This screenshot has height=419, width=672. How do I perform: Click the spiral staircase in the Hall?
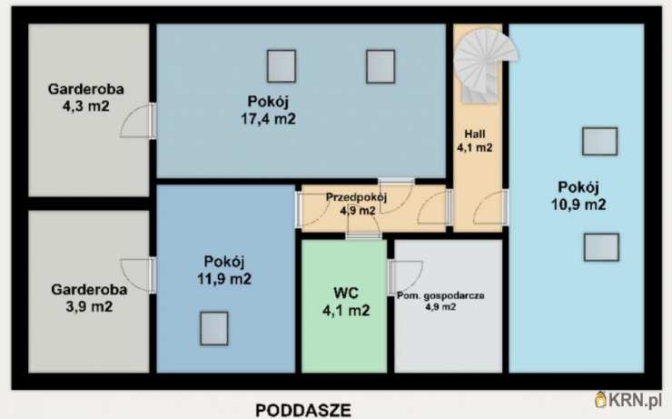[x=484, y=65]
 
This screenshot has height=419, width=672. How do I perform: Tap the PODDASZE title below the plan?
[x=303, y=410]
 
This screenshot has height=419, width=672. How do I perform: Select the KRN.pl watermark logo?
[x=628, y=399]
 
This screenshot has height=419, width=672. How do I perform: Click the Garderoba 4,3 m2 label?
[x=86, y=97]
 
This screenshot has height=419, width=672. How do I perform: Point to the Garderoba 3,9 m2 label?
[x=89, y=297]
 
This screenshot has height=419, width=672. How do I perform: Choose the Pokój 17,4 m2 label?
[x=268, y=110]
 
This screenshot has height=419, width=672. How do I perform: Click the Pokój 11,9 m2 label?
[x=224, y=270]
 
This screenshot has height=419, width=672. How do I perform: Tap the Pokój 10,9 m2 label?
[x=578, y=195]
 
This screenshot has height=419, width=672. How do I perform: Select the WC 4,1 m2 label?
[x=346, y=302]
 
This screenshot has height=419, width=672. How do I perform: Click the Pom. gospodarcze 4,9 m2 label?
[x=440, y=301]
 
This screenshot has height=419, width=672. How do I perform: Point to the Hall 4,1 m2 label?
[x=475, y=141]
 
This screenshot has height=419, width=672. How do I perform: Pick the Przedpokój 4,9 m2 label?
[x=357, y=204]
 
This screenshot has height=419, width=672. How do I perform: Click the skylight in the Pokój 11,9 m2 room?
[x=214, y=328]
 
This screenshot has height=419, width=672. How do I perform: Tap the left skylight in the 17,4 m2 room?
[x=282, y=66]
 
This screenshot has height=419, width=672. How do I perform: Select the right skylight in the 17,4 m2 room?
[x=380, y=66]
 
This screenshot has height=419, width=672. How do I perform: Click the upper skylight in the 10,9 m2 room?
[x=600, y=142]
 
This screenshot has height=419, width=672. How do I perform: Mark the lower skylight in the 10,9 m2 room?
[x=601, y=247]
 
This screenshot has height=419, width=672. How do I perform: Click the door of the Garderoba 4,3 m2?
[x=138, y=121]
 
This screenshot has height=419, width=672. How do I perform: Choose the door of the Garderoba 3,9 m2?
[x=138, y=275]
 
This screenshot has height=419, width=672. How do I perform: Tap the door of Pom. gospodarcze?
[x=405, y=277]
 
